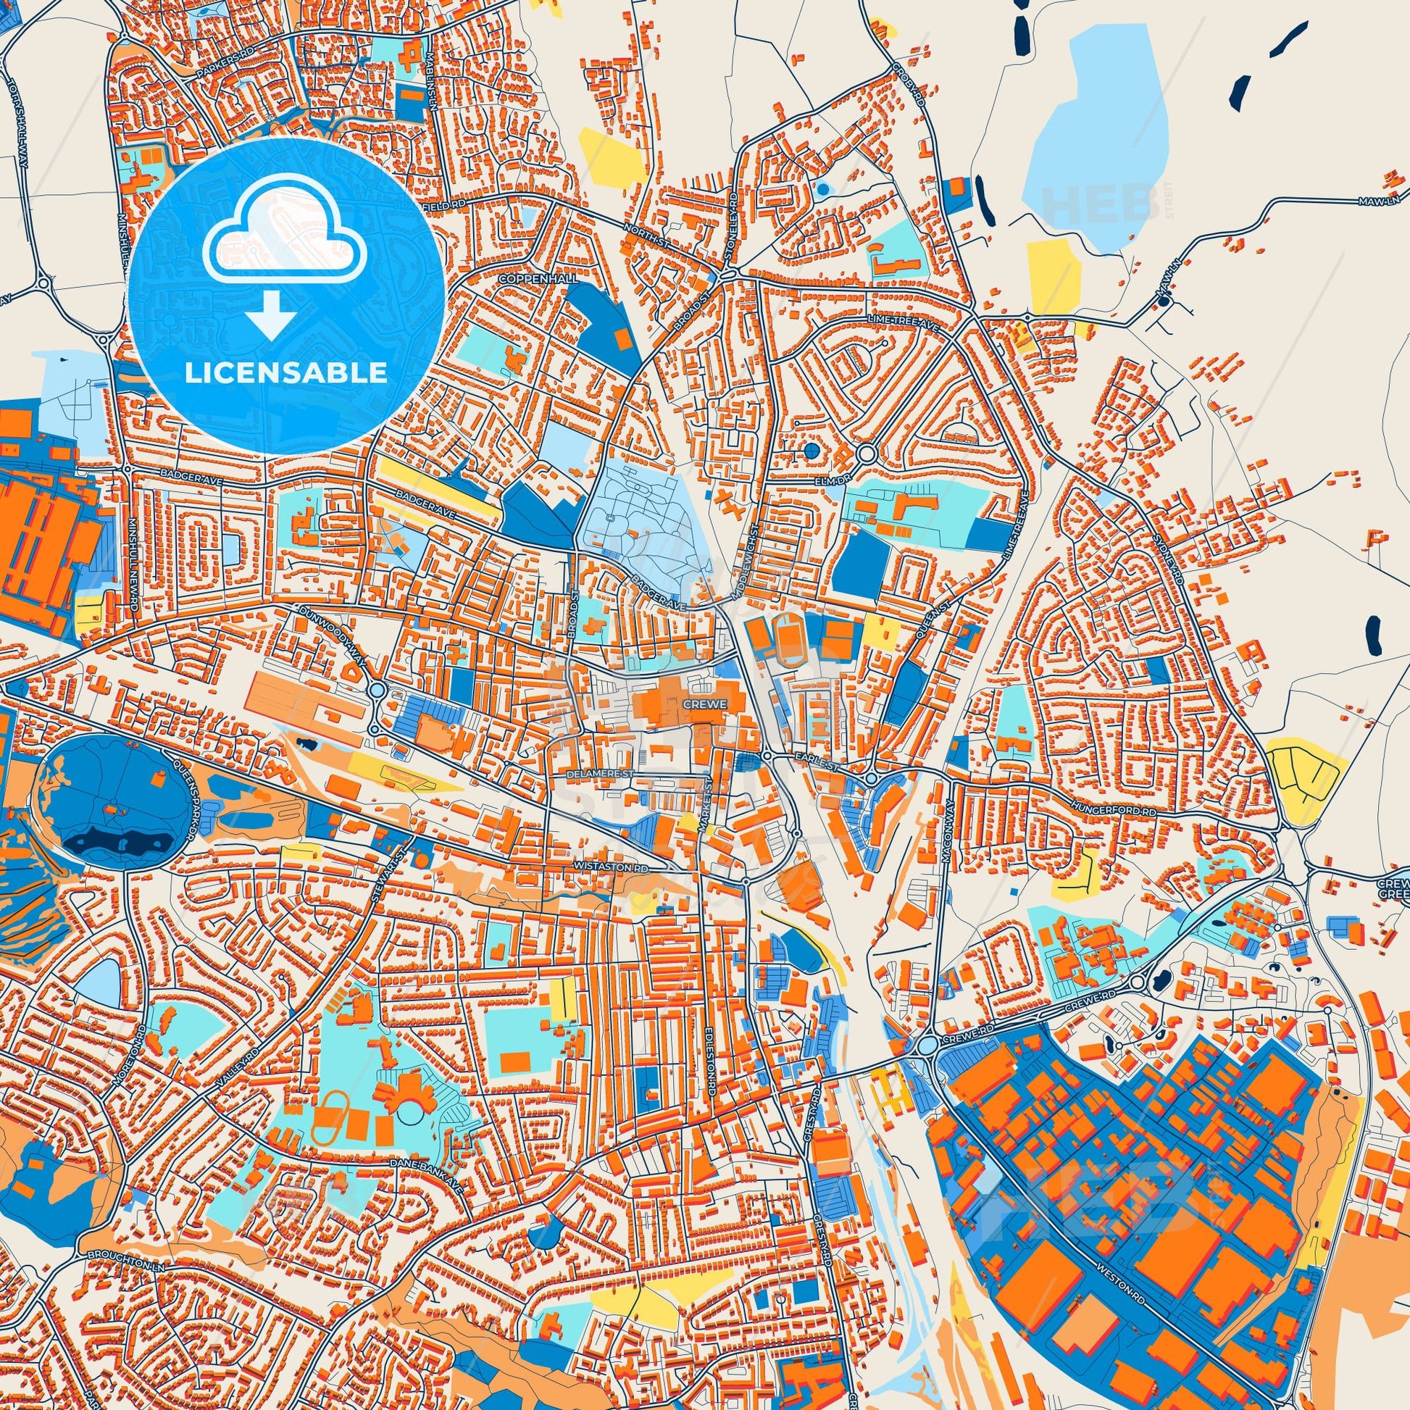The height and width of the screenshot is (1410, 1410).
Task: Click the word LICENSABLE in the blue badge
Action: tap(285, 373)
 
